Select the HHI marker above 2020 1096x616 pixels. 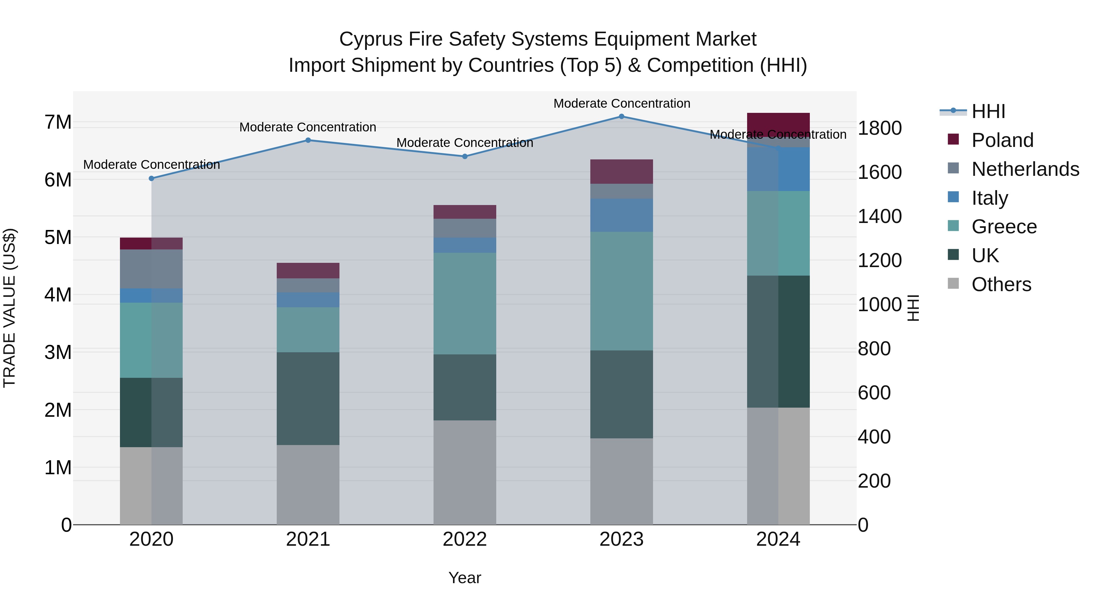(x=152, y=179)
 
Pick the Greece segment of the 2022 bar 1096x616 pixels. (x=465, y=304)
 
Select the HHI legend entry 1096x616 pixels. (x=988, y=111)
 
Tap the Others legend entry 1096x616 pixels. (x=1001, y=284)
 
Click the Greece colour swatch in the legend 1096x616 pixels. (x=954, y=226)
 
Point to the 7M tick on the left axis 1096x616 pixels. (x=58, y=122)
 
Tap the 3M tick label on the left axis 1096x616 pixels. (x=58, y=353)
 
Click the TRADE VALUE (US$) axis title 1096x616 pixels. (x=9, y=308)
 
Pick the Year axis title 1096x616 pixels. (x=465, y=578)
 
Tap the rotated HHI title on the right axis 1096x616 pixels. (x=913, y=308)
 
